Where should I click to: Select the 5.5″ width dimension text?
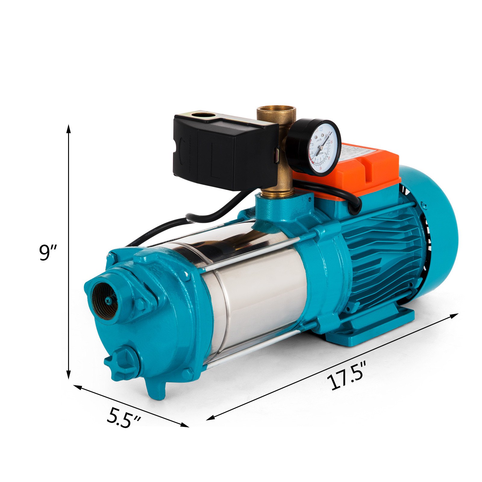click(x=124, y=417)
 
